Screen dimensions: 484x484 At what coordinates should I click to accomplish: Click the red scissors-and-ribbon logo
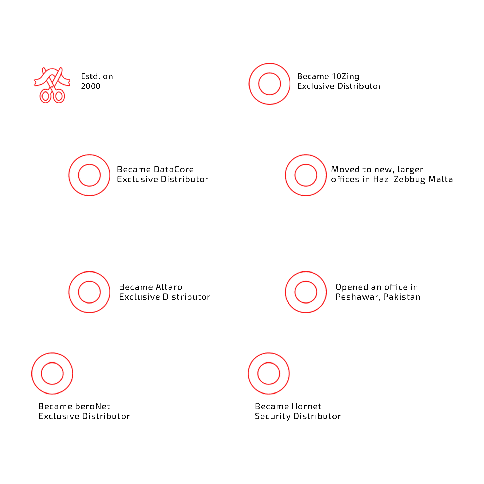pos(52,85)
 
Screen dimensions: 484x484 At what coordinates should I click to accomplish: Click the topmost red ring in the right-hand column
pos(269,84)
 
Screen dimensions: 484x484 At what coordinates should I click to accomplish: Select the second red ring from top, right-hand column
pos(306,175)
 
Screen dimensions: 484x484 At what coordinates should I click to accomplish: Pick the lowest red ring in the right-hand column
pos(269,373)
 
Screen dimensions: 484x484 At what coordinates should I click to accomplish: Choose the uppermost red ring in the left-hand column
pos(89,175)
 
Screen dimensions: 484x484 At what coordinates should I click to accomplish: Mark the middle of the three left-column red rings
pos(89,292)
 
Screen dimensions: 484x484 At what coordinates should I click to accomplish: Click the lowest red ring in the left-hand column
pos(52,373)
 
